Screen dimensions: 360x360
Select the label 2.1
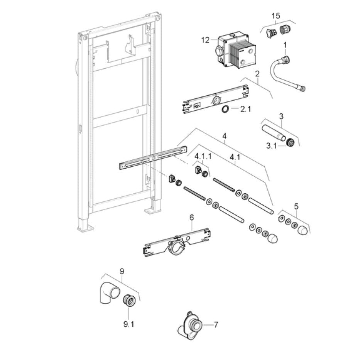click(x=245, y=110)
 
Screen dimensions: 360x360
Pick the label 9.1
click(x=128, y=324)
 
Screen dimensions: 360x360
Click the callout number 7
click(x=216, y=325)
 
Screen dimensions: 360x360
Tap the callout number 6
click(x=191, y=218)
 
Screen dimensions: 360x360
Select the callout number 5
click(x=296, y=206)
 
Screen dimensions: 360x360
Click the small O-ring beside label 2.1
click(x=225, y=110)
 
